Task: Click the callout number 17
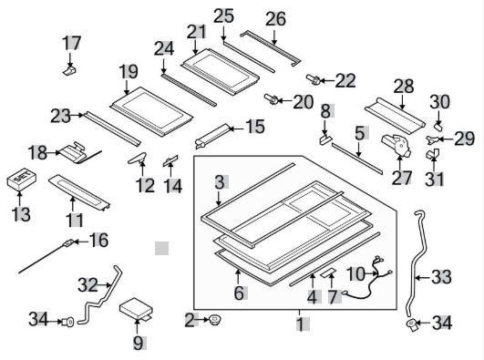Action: tap(71, 43)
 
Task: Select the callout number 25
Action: tap(223, 15)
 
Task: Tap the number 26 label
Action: tap(274, 18)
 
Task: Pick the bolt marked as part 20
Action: tap(271, 98)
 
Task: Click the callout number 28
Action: tap(402, 86)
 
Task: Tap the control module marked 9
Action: tap(139, 309)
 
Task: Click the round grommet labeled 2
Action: tap(216, 320)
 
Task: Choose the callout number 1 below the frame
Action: tap(302, 323)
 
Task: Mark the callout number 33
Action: tap(440, 275)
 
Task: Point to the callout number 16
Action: tap(98, 241)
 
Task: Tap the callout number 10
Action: tap(355, 273)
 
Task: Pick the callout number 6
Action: tap(239, 293)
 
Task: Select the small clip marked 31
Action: tap(431, 156)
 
